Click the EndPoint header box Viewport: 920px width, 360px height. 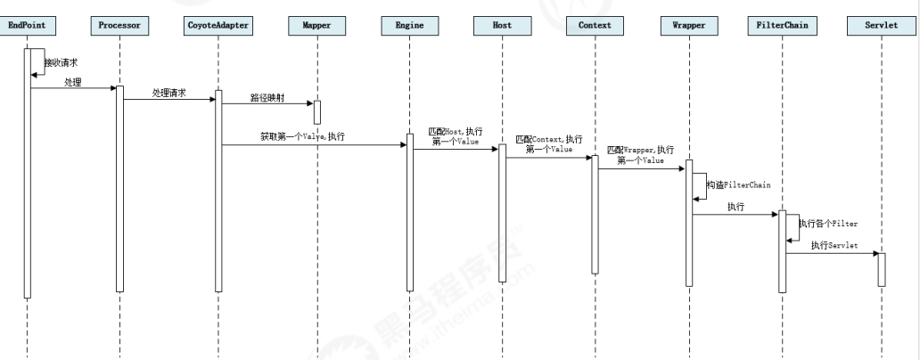27,26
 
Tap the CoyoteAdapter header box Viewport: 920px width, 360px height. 218,26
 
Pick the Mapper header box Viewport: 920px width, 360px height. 316,26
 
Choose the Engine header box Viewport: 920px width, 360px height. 409,26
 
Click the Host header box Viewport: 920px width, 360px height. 502,26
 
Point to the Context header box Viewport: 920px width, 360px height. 595,26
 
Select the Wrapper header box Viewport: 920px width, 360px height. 688,26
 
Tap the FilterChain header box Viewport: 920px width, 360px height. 781,26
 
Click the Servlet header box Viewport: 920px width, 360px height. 881,26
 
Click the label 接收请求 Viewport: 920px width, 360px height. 62,62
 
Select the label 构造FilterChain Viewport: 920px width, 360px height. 738,184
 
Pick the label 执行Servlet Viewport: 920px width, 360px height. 834,246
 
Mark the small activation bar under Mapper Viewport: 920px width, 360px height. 316,112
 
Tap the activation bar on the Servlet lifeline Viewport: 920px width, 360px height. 881,268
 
